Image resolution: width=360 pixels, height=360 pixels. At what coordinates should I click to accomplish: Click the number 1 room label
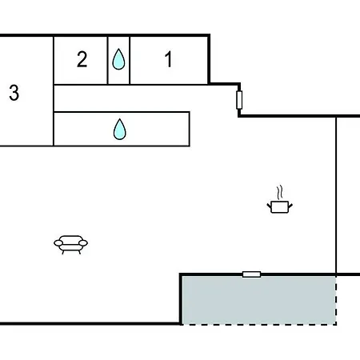point(168,59)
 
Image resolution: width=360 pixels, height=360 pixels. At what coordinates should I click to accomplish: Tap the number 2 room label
point(82,59)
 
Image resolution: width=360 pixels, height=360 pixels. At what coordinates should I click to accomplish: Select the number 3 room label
point(14,93)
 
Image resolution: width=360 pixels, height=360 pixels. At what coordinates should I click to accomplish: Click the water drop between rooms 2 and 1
point(118,59)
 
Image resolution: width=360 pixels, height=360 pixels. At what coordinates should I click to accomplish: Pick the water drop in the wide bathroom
point(120,130)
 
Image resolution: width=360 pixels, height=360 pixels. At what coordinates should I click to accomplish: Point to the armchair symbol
point(70,245)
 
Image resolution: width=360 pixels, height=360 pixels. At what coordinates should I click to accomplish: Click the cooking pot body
point(280,207)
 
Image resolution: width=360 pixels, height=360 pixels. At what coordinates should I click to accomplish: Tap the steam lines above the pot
point(279,193)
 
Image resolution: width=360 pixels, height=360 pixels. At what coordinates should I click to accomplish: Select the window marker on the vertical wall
point(239,100)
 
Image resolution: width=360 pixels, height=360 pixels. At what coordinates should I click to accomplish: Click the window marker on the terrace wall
point(251,274)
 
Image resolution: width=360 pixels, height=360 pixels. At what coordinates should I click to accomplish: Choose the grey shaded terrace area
point(258,300)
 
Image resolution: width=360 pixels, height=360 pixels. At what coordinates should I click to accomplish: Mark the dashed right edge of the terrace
point(336,300)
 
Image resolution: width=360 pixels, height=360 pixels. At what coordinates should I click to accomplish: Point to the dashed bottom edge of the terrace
point(258,325)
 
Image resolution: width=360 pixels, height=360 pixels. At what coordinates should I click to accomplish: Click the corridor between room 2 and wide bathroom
point(122,98)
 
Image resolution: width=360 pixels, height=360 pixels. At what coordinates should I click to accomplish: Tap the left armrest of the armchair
point(58,243)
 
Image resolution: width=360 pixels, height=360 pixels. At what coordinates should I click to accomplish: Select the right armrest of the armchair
point(83,243)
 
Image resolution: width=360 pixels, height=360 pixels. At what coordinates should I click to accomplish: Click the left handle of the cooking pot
point(269,206)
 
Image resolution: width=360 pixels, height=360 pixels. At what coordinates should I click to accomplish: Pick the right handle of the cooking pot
point(290,206)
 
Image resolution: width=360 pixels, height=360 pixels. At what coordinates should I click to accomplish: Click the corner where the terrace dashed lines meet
point(336,325)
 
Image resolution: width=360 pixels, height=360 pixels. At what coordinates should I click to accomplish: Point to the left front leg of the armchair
point(63,252)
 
